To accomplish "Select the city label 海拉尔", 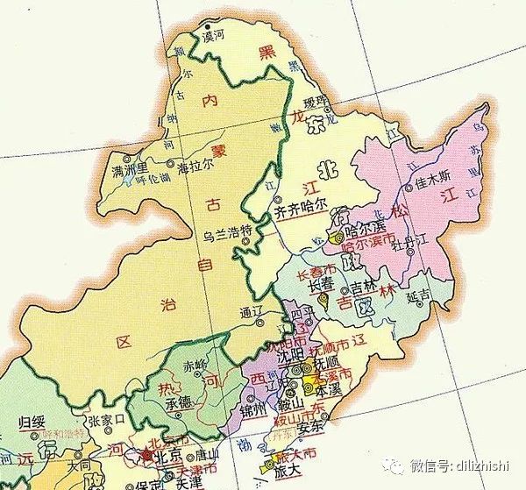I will [195, 165].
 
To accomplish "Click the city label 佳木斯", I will [433, 184].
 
